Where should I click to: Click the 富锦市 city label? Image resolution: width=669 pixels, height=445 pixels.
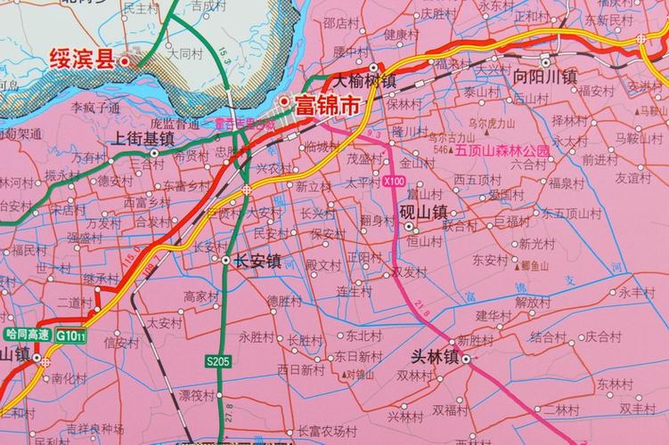click(328, 104)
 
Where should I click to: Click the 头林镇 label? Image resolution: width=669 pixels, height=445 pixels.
click(433, 357)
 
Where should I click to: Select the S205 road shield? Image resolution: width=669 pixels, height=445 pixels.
click(217, 361)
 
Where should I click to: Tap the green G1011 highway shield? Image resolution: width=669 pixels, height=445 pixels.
click(70, 336)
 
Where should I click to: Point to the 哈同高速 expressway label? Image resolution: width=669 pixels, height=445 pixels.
click(25, 336)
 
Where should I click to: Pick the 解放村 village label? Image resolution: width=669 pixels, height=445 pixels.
click(535, 301)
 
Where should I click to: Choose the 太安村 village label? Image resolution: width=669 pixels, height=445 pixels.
click(164, 324)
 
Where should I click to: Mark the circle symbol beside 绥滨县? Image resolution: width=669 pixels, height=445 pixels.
click(125, 61)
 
